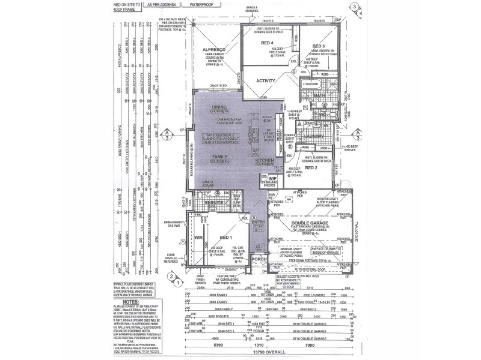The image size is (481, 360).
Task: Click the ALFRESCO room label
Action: pos(213,51)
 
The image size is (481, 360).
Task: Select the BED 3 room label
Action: pos(319,47)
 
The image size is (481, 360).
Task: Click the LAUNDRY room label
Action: pos(316,136)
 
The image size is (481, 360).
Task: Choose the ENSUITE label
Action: pos(215,203)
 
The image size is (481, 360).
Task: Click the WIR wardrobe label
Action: pos(198,237)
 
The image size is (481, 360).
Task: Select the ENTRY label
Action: pos(259,222)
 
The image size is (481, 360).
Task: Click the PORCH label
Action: pos(260,259)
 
